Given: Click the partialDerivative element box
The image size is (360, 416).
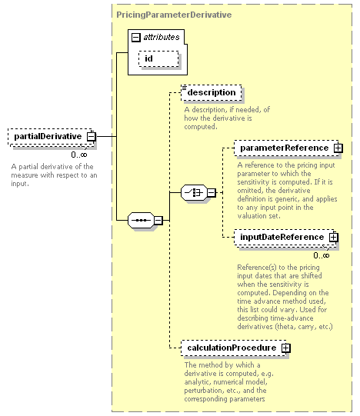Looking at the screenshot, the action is tap(52, 137).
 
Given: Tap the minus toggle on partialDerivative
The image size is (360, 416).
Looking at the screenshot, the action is tap(92, 137).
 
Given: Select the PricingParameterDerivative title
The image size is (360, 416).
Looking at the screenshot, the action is tap(174, 15).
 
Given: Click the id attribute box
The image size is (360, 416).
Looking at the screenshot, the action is tap(158, 58).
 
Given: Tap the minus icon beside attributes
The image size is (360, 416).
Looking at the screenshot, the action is tap(135, 37).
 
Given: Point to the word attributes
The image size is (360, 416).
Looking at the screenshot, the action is tap(162, 37).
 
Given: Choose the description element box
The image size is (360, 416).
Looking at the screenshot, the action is tap(212, 92).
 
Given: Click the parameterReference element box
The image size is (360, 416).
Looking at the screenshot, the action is tap(287, 148).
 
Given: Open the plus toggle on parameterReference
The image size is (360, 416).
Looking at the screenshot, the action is tap(338, 148).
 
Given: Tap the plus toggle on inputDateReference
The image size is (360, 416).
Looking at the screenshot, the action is tap(333, 237).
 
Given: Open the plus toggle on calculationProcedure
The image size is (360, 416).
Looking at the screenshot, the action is tap(285, 348).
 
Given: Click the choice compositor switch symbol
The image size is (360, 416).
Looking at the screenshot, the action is tap(194, 192).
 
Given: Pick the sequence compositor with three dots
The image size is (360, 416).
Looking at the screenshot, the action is tap(141, 220).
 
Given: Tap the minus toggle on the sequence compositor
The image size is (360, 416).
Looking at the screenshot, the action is tap(158, 220).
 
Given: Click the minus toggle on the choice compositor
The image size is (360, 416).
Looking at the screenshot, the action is tap(212, 192).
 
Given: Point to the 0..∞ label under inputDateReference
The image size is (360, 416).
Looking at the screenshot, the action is tap(322, 255).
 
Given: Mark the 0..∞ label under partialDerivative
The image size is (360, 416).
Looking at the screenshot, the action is tap(79, 155).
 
